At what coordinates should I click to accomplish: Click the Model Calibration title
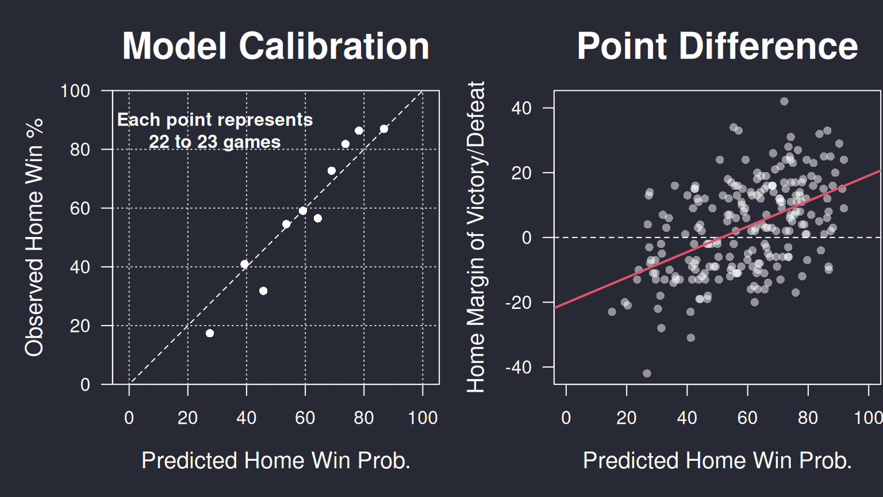275,46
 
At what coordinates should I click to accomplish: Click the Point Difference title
717,46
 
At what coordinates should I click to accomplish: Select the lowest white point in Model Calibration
210,333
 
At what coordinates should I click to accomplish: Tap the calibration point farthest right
384,129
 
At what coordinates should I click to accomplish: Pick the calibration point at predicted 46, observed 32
263,291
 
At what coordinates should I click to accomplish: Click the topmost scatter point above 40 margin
784,101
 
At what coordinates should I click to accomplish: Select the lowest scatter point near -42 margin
647,373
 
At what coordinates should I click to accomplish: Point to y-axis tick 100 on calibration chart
75,91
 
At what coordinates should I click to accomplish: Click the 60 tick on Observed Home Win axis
80,209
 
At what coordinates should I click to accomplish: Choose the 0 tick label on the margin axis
527,238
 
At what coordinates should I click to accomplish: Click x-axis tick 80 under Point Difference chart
808,418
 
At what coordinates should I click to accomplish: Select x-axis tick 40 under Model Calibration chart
247,418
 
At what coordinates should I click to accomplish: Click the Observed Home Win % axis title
34,238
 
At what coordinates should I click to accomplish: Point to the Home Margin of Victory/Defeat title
476,236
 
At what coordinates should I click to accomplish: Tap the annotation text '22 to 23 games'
214,143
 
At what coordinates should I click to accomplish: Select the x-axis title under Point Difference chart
717,460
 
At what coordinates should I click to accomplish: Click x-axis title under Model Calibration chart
276,460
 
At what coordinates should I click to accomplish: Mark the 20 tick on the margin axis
521,173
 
